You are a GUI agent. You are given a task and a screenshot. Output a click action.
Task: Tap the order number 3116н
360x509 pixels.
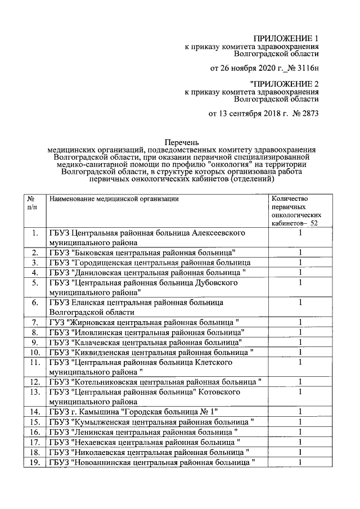tap(305, 69)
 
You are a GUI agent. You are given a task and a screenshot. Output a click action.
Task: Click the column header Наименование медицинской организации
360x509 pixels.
tap(114, 199)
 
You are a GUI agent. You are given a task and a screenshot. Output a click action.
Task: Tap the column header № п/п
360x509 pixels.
tap(33, 204)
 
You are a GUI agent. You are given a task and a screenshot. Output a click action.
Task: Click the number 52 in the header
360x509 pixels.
tap(318, 223)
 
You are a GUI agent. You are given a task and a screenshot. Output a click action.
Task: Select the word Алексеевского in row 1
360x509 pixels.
tap(219, 233)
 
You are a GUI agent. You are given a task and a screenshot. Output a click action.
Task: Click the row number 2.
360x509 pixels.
tap(35, 252)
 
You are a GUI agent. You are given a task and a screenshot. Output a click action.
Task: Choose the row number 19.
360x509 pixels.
tap(34, 462)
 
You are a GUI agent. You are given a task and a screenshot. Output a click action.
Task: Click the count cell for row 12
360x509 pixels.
tap(300, 382)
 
